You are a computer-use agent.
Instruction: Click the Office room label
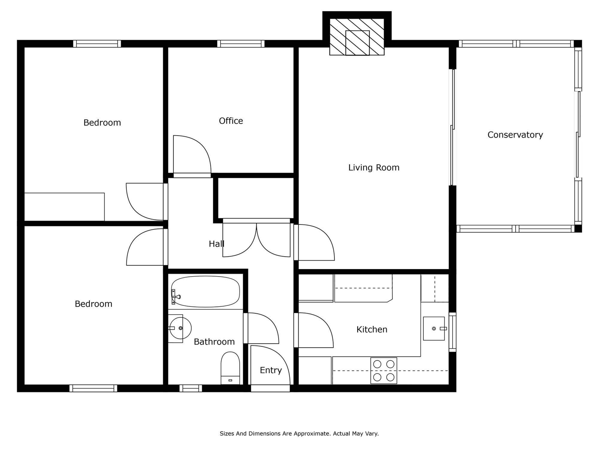(231, 121)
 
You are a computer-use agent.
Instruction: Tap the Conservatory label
(515, 135)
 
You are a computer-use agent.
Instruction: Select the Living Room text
(374, 168)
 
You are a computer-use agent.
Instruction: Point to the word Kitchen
(372, 330)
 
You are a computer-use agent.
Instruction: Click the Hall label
(216, 244)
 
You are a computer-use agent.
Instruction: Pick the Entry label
(271, 371)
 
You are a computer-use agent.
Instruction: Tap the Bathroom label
(214, 342)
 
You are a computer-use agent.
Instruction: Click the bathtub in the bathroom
(205, 292)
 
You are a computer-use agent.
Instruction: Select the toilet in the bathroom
(230, 368)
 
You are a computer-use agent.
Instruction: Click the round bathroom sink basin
(180, 328)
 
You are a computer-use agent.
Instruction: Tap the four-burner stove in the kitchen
(384, 371)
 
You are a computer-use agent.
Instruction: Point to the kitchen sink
(434, 329)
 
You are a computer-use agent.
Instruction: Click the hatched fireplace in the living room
(357, 37)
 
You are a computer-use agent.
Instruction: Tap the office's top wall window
(241, 44)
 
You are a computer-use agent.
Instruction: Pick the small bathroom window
(191, 388)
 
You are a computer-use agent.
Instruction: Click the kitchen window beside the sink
(453, 332)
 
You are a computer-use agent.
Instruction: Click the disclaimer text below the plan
(299, 433)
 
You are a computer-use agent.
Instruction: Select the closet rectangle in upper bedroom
(64, 207)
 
